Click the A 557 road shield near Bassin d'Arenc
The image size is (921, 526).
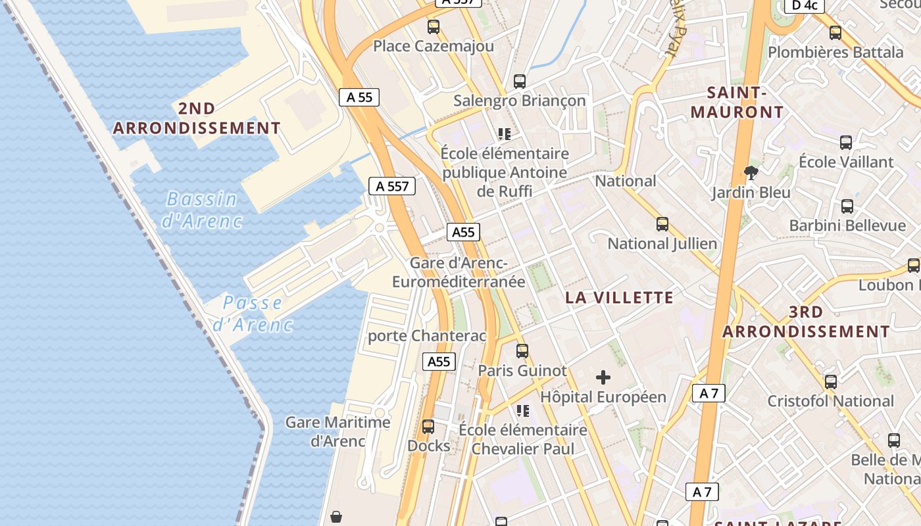tap(393, 186)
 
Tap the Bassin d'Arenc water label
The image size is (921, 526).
tap(202, 209)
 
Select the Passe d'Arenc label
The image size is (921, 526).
tap(253, 313)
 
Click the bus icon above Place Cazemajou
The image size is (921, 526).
tap(434, 27)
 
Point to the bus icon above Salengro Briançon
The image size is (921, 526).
tap(520, 82)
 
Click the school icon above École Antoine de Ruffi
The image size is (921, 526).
tap(505, 134)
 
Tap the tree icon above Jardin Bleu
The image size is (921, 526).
tap(751, 173)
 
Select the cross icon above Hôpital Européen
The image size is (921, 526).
tap(603, 377)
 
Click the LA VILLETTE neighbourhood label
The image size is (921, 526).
tap(620, 297)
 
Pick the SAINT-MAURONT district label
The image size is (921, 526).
tap(737, 102)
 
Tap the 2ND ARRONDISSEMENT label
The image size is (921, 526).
tap(197, 118)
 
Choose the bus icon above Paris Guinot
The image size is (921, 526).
tap(522, 351)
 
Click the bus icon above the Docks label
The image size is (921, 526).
tap(428, 427)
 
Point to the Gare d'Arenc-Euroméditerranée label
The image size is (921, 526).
tap(459, 272)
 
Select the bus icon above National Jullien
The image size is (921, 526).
tap(662, 224)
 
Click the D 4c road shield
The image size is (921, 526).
tap(805, 5)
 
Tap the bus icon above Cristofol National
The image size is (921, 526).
tap(831, 381)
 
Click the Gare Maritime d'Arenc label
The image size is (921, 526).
tap(337, 431)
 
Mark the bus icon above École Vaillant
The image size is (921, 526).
tap(846, 142)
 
